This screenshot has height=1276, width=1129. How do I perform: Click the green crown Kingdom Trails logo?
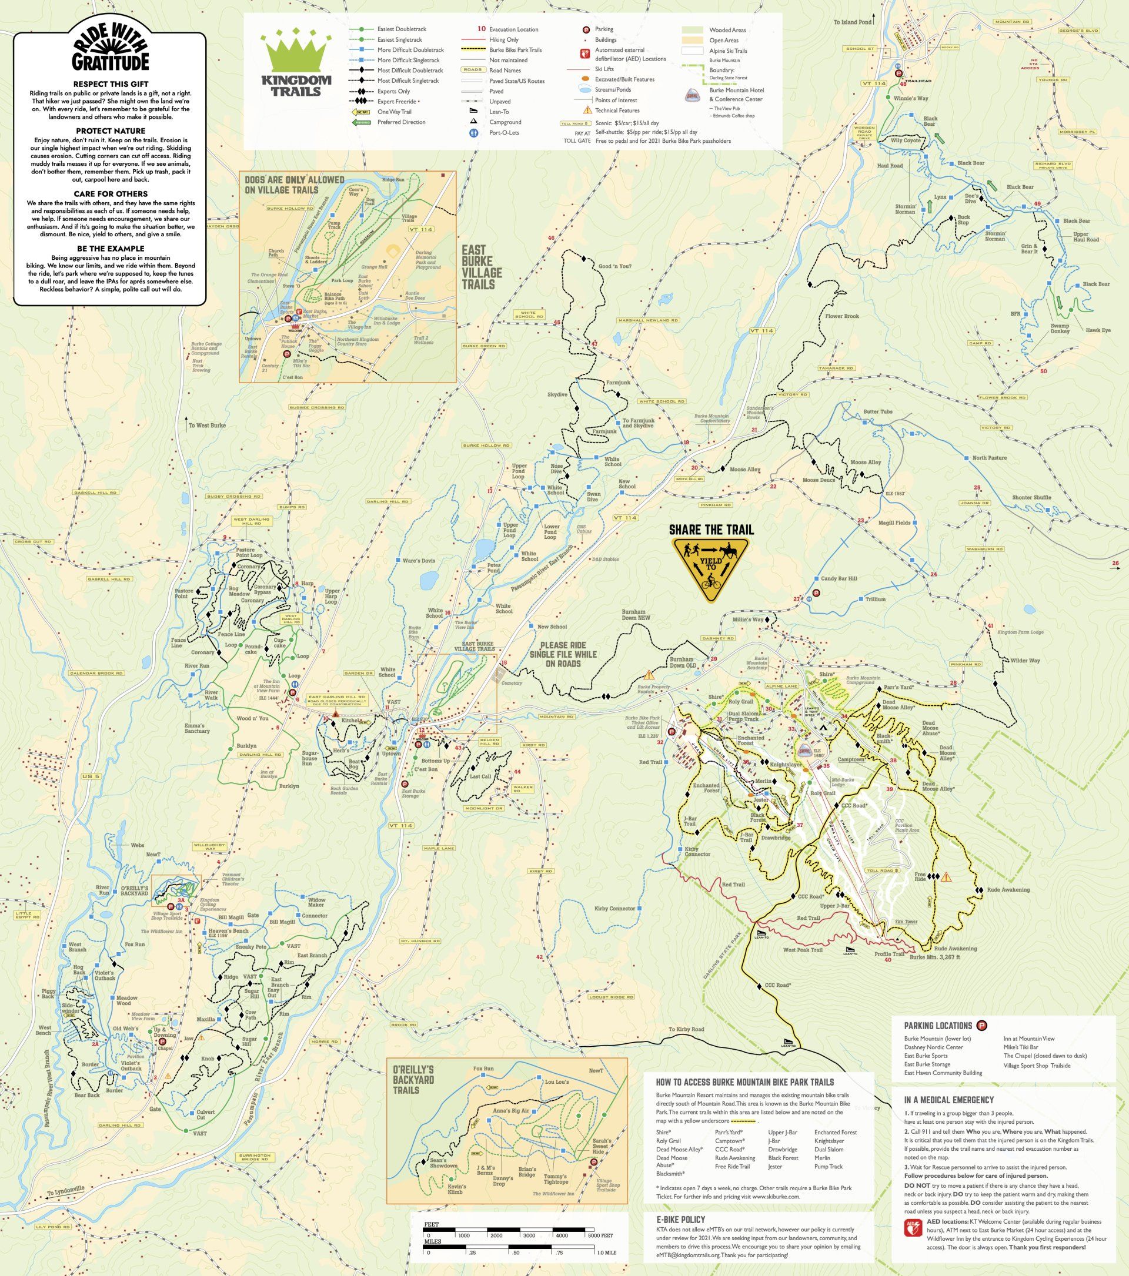292,64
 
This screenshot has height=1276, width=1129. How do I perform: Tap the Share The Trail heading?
712,530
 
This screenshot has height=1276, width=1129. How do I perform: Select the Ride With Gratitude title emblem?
110,47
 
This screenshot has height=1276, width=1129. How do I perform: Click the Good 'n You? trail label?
615,266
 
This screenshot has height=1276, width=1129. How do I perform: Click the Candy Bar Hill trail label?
839,579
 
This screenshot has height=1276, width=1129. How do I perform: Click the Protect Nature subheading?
110,131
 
